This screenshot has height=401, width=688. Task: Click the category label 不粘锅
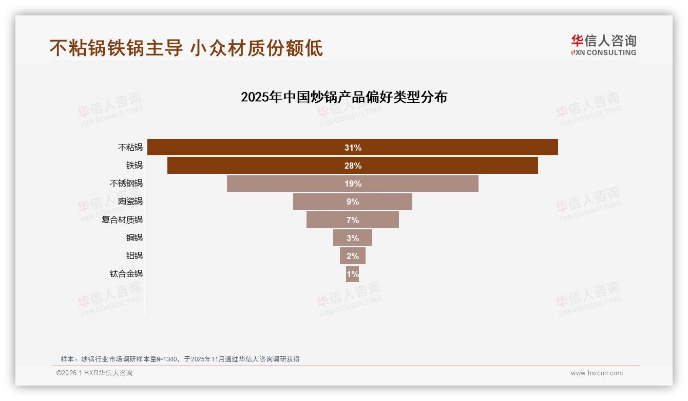click(x=130, y=148)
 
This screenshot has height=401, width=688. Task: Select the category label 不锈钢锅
click(x=126, y=184)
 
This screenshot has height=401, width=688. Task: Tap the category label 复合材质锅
click(x=122, y=220)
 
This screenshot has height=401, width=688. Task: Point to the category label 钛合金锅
click(x=126, y=274)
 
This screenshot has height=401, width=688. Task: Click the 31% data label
click(x=353, y=148)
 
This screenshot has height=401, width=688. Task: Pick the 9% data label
click(x=353, y=202)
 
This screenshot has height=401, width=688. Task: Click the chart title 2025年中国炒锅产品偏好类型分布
click(x=344, y=97)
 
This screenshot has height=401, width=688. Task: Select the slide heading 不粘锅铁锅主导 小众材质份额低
click(x=186, y=48)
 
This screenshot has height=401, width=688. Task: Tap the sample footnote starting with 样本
click(x=180, y=359)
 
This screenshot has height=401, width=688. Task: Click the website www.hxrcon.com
click(x=597, y=373)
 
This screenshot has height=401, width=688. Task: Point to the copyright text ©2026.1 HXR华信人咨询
click(x=94, y=373)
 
